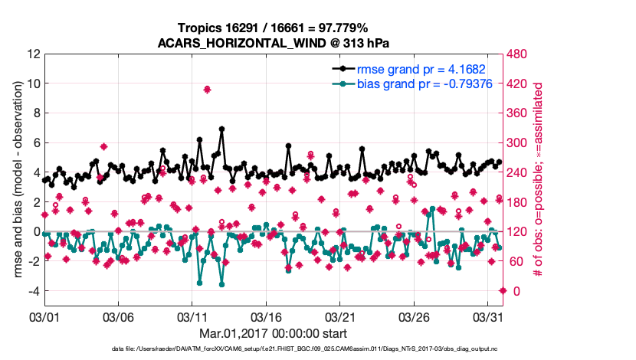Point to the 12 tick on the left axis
[x=33, y=54]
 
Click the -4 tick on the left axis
[x=34, y=291]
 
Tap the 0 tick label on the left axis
[x=36, y=231]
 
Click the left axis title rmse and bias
[x=13, y=180]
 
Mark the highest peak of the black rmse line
[x=221, y=129]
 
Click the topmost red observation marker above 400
[x=207, y=90]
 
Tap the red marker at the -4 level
[x=503, y=290]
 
